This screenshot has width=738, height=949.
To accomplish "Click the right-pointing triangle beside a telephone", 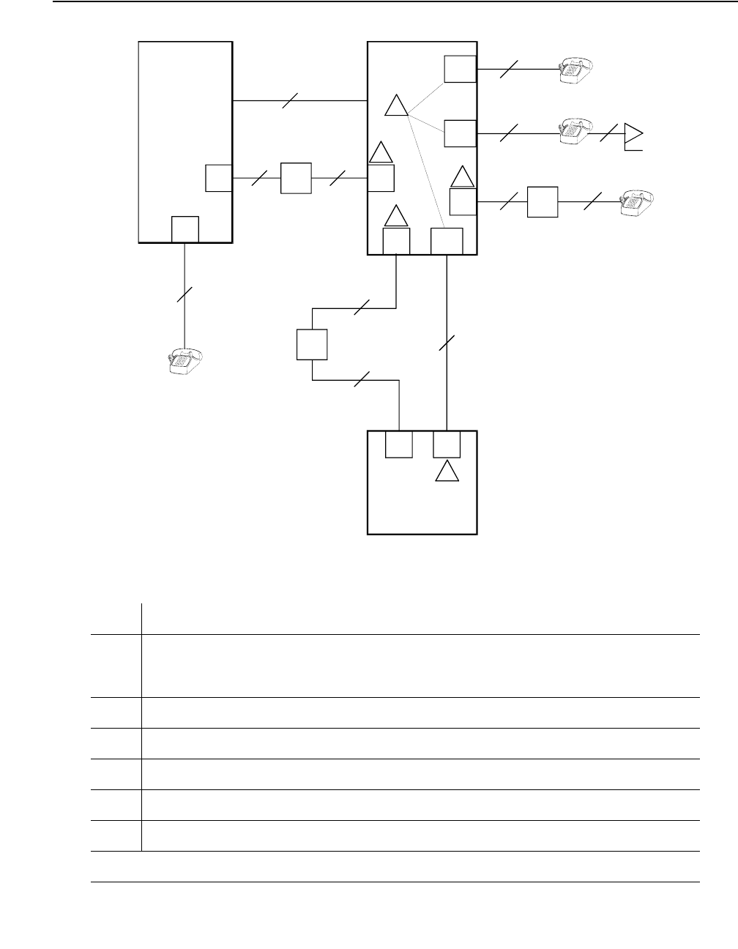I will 633,134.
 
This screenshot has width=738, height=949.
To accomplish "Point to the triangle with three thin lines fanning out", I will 396,106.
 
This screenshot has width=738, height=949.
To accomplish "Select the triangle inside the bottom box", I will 447,472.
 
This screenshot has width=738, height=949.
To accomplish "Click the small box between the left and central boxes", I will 296,178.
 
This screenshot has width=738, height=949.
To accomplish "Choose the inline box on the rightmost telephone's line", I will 543,201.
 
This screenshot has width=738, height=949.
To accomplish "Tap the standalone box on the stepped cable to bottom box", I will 312,344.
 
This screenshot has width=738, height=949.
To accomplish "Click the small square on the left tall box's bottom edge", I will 184,229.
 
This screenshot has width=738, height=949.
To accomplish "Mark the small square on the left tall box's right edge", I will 218,178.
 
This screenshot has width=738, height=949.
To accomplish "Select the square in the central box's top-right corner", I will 460,69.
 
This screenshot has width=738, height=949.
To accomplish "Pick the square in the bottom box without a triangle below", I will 398,444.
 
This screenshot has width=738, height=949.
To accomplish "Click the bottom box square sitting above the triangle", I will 447,444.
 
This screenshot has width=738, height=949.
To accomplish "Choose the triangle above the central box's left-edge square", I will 381,152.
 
